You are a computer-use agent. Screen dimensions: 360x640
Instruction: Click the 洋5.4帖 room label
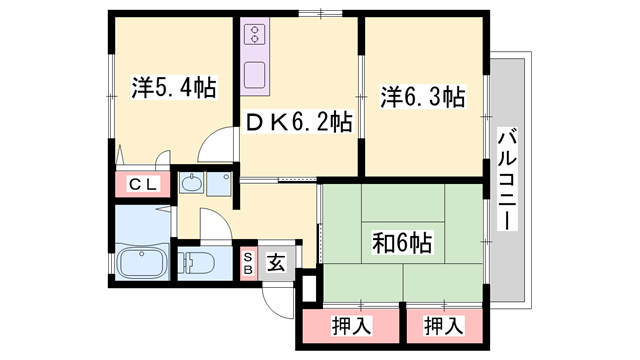tap(174, 87)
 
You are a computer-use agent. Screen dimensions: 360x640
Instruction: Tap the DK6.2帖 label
tap(299, 123)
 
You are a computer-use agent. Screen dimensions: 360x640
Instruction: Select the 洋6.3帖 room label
tap(421, 97)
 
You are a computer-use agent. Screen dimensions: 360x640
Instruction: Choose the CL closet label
tap(144, 184)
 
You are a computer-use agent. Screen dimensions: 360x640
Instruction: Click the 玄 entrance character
tap(276, 263)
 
